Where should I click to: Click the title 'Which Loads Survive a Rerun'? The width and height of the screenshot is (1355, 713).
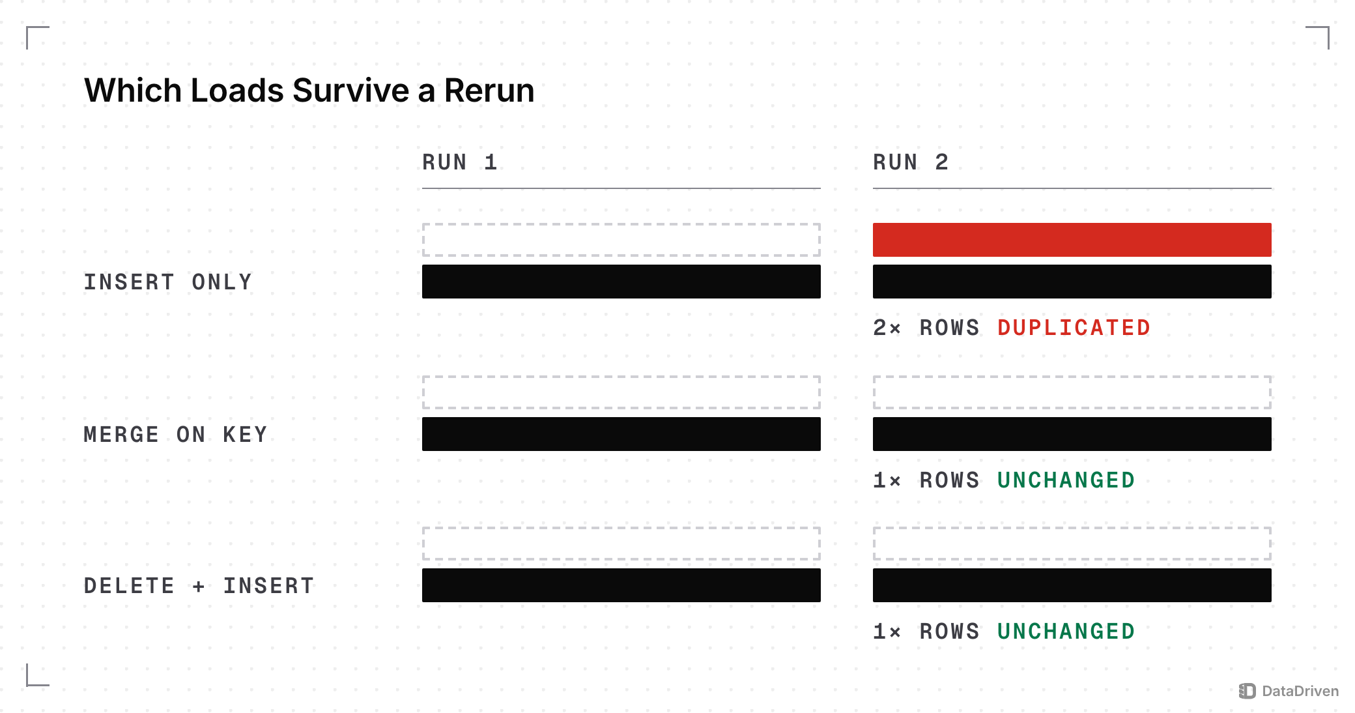pyautogui.click(x=309, y=90)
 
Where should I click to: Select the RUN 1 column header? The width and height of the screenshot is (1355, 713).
pyautogui.click(x=460, y=162)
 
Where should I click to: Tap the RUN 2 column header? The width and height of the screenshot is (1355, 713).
pyautogui.click(x=911, y=162)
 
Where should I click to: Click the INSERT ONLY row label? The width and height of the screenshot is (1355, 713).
pyautogui.click(x=168, y=282)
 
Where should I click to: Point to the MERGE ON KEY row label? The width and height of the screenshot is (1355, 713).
pyautogui.click(x=176, y=434)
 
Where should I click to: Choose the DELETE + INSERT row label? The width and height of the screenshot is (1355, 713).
pyautogui.click(x=199, y=585)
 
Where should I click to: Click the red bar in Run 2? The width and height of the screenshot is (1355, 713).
pyautogui.click(x=1072, y=240)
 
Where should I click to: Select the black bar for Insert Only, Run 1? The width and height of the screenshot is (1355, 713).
pyautogui.click(x=621, y=282)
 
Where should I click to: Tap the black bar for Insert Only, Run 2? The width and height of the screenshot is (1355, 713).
pyautogui.click(x=1072, y=282)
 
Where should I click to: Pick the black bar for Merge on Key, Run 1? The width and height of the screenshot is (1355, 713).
pyautogui.click(x=621, y=434)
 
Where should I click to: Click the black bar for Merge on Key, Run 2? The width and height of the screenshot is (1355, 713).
pyautogui.click(x=1072, y=434)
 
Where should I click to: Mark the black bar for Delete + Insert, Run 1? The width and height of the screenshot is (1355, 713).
pyautogui.click(x=621, y=585)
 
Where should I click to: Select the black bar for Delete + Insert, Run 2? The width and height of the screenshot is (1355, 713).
pyautogui.click(x=1072, y=585)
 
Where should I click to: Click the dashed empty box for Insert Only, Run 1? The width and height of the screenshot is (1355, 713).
pyautogui.click(x=621, y=224)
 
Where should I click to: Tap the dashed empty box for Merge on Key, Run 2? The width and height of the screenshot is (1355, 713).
pyautogui.click(x=1072, y=377)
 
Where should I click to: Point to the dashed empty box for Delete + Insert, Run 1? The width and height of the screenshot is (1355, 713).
pyautogui.click(x=621, y=528)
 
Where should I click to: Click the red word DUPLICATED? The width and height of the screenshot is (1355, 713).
pyautogui.click(x=1074, y=327)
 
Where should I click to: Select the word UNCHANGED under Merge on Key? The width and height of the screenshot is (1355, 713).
pyautogui.click(x=1066, y=480)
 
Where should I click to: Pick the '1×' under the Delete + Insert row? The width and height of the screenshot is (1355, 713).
pyautogui.click(x=887, y=631)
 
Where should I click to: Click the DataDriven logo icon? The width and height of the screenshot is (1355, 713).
pyautogui.click(x=1247, y=691)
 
